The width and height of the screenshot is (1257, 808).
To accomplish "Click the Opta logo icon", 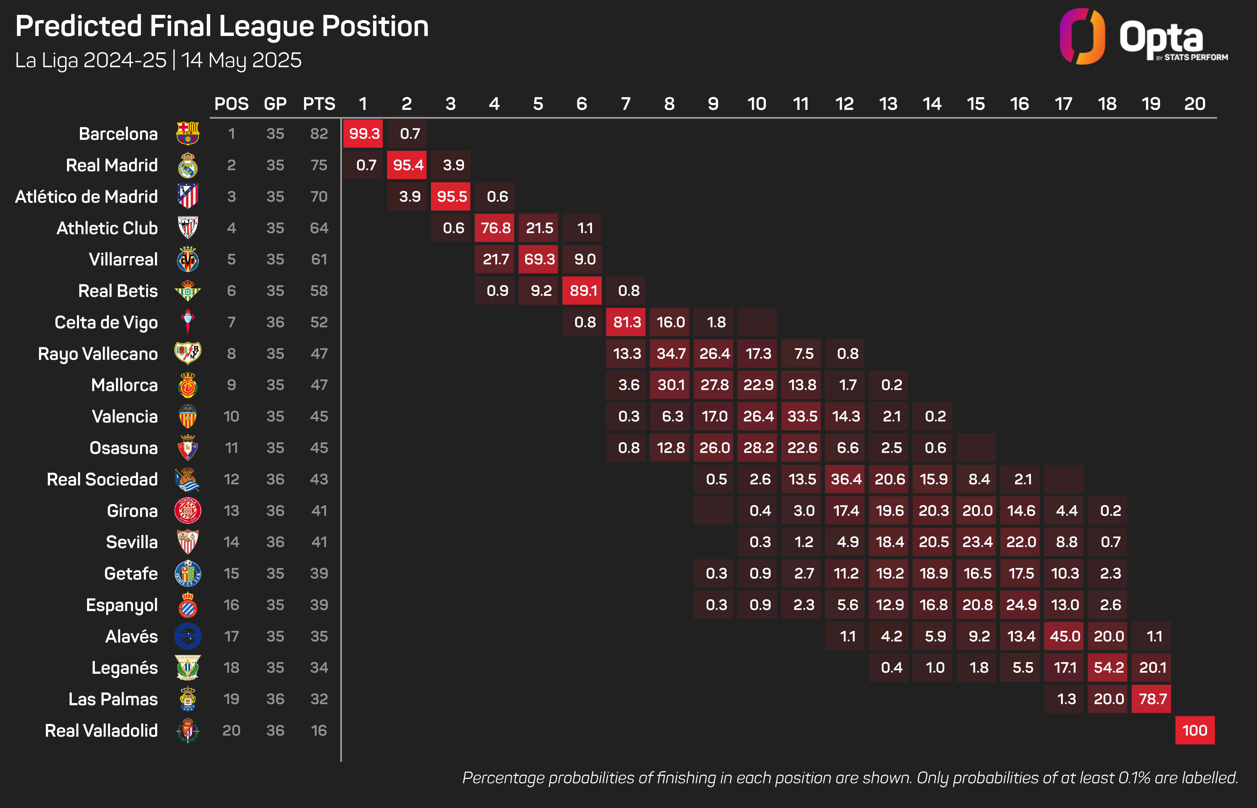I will [x=1082, y=37].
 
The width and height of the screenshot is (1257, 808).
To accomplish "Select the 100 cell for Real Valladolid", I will [x=1195, y=730].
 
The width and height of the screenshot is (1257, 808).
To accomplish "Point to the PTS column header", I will [x=319, y=104].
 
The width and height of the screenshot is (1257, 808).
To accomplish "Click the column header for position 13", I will [x=888, y=104].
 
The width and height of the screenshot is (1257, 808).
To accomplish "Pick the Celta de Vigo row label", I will [x=106, y=322].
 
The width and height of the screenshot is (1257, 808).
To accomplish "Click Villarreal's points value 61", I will [x=319, y=259].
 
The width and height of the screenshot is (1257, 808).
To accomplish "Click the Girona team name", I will [x=132, y=510].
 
